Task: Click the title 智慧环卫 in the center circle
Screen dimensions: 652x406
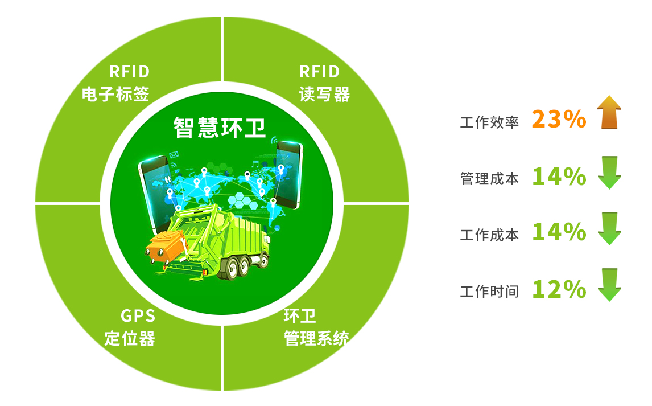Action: coord(219,128)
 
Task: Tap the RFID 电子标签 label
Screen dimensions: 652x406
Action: coord(115,83)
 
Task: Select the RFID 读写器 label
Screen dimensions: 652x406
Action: coord(324,83)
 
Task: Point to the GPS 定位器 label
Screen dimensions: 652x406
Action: coord(130,327)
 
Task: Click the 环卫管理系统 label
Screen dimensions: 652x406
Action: coord(316,327)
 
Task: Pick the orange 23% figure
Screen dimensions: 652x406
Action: coord(559,120)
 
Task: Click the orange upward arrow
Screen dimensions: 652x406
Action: coord(609,112)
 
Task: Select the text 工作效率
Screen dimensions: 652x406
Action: coord(489,122)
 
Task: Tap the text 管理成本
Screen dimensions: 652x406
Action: coord(489,178)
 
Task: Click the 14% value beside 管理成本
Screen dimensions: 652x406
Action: coord(559,177)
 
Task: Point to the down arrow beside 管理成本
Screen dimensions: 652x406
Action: coord(609,173)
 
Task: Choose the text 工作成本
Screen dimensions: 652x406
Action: coord(489,235)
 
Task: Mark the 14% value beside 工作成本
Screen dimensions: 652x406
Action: coord(559,232)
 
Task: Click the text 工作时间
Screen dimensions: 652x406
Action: coord(489,291)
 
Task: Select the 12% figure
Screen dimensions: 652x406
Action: coord(559,289)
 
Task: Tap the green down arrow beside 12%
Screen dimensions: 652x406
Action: coord(609,285)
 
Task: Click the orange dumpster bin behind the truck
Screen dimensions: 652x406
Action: coord(166,248)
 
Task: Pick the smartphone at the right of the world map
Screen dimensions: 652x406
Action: coord(288,175)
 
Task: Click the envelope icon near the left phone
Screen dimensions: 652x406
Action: coord(174,155)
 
